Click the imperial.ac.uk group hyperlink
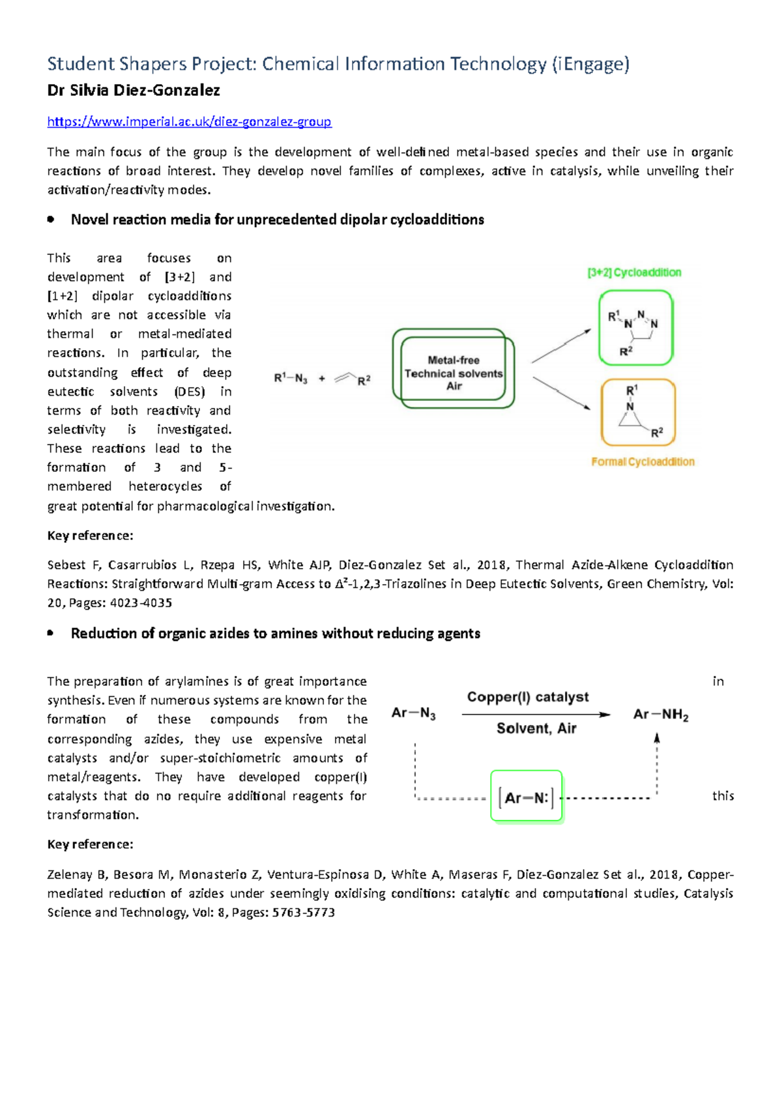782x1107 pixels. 189,122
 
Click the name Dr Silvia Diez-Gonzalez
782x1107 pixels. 134,91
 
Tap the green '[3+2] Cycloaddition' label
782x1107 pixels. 634,273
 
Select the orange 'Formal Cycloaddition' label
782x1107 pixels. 643,462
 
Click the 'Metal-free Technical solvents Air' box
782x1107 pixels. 454,368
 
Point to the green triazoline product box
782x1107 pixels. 635,328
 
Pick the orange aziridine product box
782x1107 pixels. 638,413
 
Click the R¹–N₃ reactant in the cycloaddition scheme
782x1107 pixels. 291,378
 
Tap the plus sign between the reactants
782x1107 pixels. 322,378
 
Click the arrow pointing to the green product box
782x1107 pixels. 561,346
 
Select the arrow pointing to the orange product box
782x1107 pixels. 561,394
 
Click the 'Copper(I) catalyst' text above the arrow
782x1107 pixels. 528,697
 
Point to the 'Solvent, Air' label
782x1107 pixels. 536,728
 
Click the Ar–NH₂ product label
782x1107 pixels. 661,715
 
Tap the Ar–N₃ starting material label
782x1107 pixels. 414,713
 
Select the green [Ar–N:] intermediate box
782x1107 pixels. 526,797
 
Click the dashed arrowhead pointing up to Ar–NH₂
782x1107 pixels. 657,738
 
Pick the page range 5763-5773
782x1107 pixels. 304,913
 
